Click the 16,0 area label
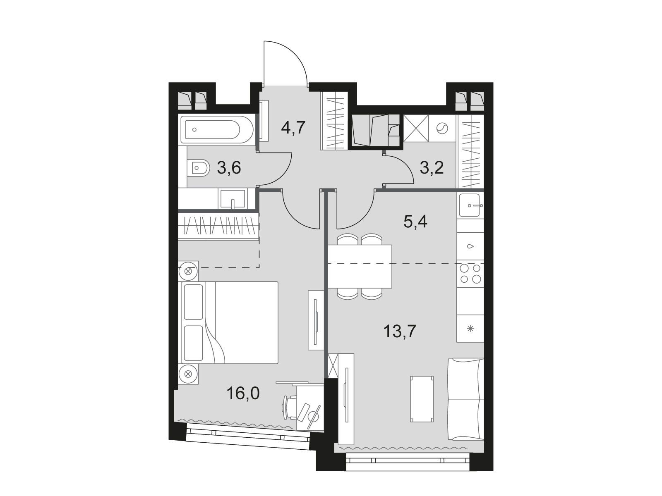point(243,393)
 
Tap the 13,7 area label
point(400,331)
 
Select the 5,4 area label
point(415,222)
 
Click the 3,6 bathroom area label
point(229,168)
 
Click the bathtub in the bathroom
point(217,130)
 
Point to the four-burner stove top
point(470,274)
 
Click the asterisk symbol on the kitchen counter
point(470,329)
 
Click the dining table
point(360,266)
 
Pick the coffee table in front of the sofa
point(422,398)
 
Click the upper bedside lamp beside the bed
point(188,271)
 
